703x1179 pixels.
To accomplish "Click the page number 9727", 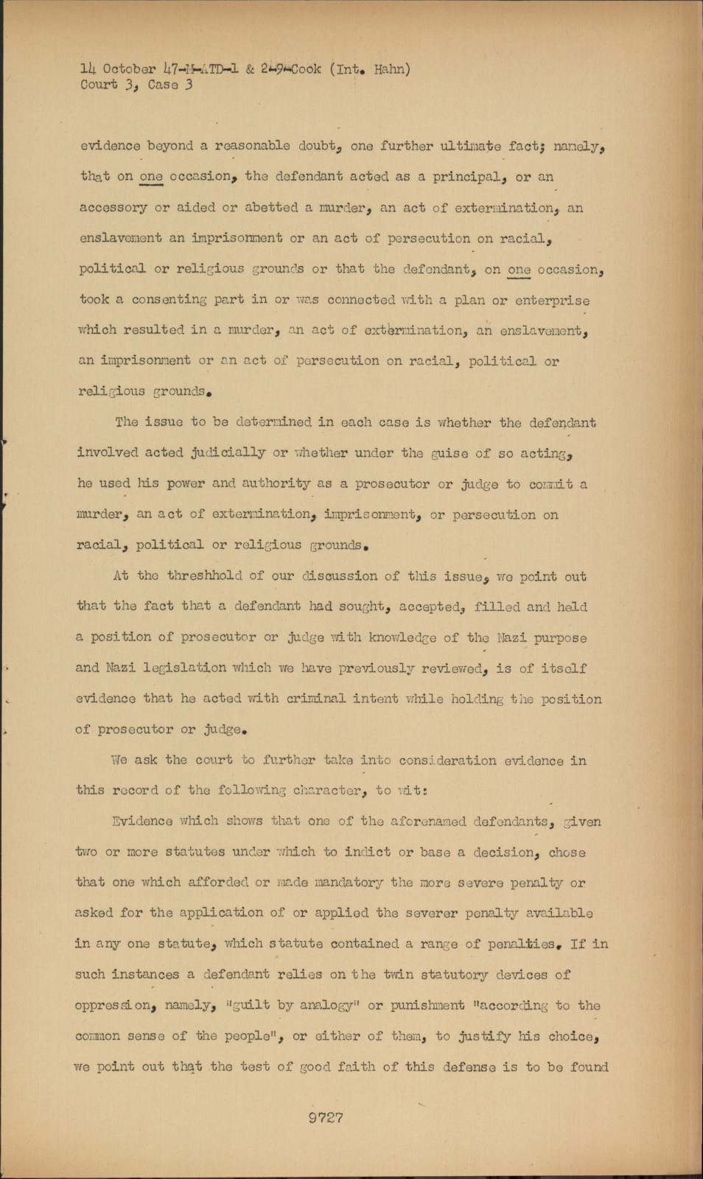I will point(325,1117).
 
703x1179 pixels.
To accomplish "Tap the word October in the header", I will point(129,69).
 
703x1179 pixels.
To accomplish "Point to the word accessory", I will point(113,208).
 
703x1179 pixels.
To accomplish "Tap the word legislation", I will point(184,668).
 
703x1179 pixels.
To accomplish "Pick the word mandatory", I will point(347,882).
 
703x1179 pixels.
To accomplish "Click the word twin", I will point(399,974).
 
